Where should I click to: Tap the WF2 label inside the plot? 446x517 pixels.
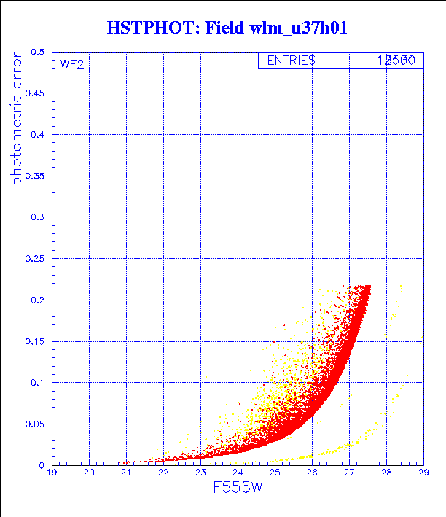click(x=71, y=64)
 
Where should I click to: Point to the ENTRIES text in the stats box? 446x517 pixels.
click(x=291, y=61)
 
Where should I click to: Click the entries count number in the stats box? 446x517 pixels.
click(x=396, y=61)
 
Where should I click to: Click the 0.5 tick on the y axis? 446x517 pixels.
click(x=36, y=53)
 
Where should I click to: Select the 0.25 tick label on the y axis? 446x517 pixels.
click(x=34, y=259)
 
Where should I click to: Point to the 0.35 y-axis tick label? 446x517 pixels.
click(x=34, y=176)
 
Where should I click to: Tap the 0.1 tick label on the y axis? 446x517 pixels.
click(x=36, y=383)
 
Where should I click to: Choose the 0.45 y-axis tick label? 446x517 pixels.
click(x=34, y=94)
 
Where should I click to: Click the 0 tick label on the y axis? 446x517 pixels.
click(x=42, y=465)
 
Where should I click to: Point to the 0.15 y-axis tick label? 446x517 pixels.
click(x=34, y=341)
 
